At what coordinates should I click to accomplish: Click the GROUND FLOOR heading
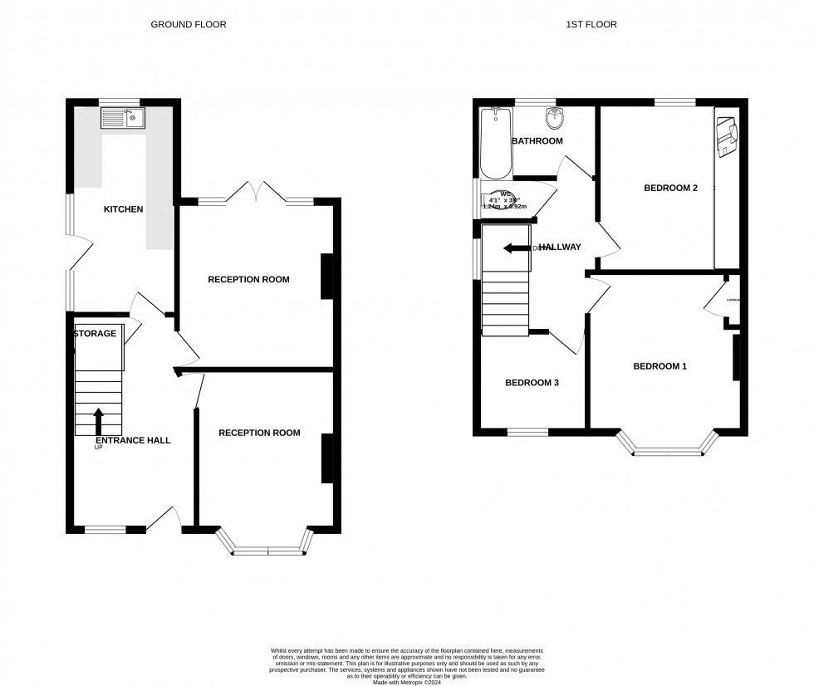[x=188, y=25]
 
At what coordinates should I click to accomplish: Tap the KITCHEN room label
[x=123, y=209]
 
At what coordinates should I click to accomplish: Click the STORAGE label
[x=96, y=334]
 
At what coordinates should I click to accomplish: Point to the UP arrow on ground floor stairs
[x=99, y=420]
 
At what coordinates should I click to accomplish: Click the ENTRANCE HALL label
[x=133, y=440]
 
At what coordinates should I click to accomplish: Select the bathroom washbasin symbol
[x=552, y=115]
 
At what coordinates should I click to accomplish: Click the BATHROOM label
[x=537, y=141]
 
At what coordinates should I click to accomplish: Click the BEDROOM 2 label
[x=670, y=188]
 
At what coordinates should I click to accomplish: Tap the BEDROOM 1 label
[x=660, y=366]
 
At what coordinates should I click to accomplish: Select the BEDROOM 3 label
[x=532, y=383]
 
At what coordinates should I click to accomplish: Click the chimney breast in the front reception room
[x=327, y=458]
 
